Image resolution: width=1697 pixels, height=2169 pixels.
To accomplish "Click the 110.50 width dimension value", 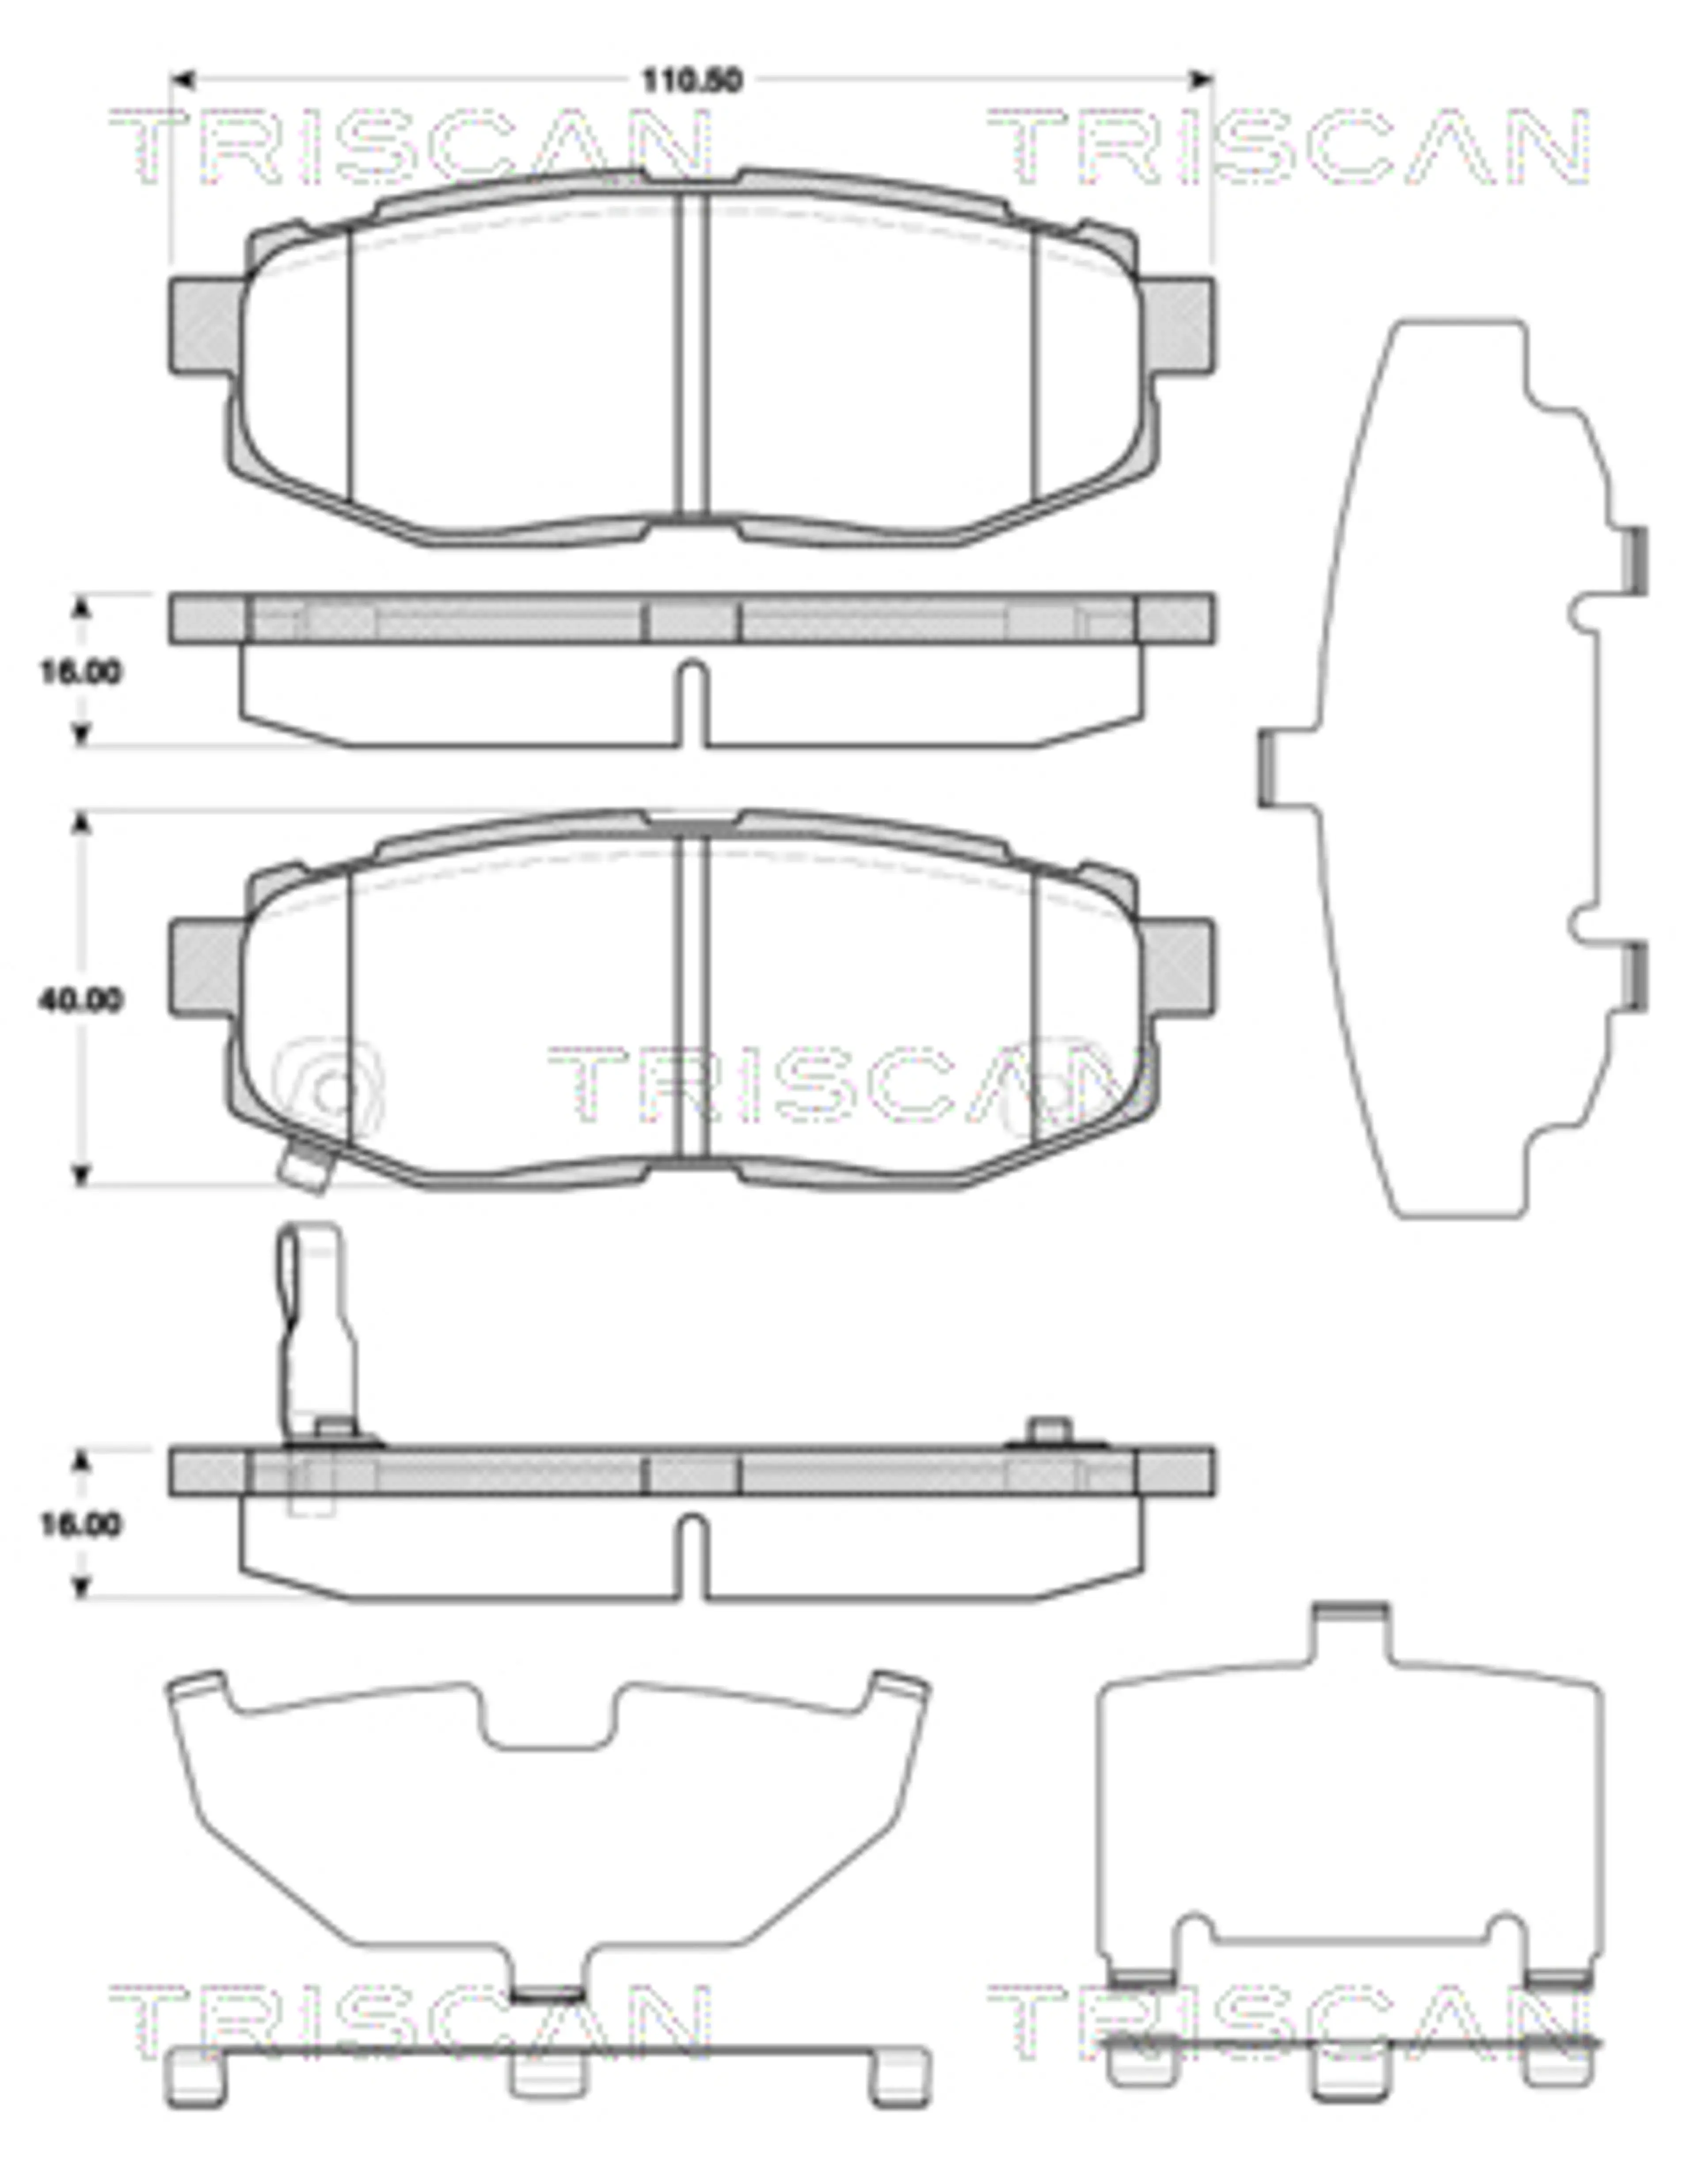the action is pyautogui.click(x=692, y=80).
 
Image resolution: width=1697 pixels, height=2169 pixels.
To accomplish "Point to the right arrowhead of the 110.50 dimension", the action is pyautogui.click(x=1202, y=79).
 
